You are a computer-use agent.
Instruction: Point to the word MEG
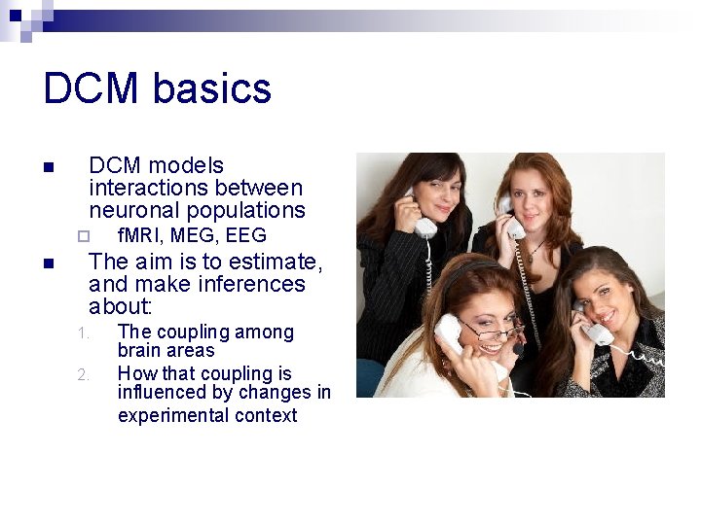click(196, 235)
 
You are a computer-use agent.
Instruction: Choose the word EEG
click(245, 235)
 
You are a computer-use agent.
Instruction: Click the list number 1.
click(83, 333)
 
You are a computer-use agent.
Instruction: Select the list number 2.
click(83, 374)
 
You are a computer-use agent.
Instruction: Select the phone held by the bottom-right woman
click(595, 328)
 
